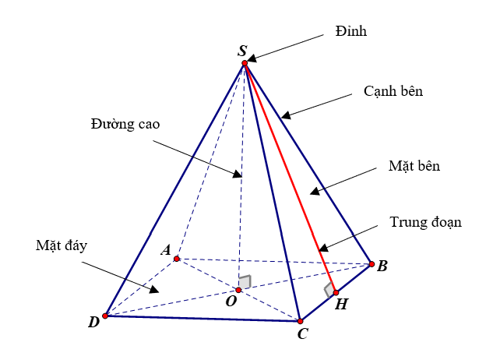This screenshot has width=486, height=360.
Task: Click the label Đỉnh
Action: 352,32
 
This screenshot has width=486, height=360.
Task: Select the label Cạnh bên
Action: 393,91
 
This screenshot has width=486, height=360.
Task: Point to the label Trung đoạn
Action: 425,222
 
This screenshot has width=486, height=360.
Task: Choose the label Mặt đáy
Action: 61,245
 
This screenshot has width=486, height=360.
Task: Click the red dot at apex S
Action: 244,62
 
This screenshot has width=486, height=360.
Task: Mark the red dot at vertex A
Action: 177,259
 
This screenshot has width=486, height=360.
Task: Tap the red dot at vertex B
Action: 371,263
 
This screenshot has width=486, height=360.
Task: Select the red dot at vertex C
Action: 300,320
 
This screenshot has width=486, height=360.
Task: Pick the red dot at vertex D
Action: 105,316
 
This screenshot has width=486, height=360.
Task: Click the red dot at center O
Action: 238,290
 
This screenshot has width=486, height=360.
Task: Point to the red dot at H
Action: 336,292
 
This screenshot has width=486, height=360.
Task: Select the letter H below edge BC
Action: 340,305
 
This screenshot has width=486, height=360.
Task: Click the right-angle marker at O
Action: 245,282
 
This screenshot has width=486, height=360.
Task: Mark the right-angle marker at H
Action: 329,289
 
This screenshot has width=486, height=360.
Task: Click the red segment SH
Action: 290,178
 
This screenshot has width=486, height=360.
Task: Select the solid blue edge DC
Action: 202,318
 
